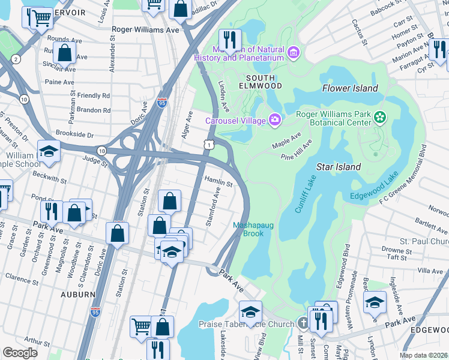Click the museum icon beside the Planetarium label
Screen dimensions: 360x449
coord(294,53)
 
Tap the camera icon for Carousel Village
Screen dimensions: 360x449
coord(275,120)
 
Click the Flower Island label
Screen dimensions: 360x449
coord(350,88)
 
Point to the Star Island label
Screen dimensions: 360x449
coord(339,167)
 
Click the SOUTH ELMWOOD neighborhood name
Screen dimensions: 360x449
coord(261,82)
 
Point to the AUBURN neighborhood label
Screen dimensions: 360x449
coord(77,295)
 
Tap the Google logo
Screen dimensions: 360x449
coord(20,353)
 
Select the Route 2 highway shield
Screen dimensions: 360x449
coord(16,58)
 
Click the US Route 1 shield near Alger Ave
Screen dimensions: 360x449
coord(208,145)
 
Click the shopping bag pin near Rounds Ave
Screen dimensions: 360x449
coord(64,53)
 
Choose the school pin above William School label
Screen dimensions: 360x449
coord(49,151)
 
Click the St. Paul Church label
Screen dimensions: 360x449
coord(424,241)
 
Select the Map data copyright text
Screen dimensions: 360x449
coord(424,355)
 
